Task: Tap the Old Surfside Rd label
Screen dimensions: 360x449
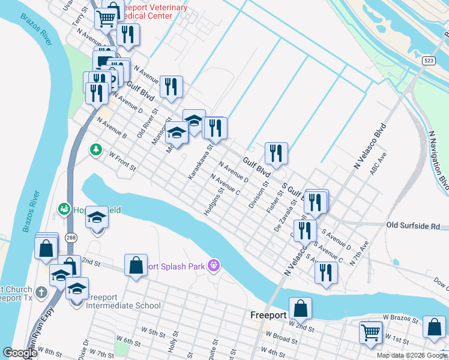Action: coord(413,226)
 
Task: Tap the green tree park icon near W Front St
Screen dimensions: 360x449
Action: coord(95,149)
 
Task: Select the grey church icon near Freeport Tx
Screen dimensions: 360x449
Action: coord(41,292)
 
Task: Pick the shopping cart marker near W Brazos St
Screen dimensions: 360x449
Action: coord(370,331)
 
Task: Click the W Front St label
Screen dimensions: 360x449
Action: coord(122,161)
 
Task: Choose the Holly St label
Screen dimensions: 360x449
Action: coord(173,344)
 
